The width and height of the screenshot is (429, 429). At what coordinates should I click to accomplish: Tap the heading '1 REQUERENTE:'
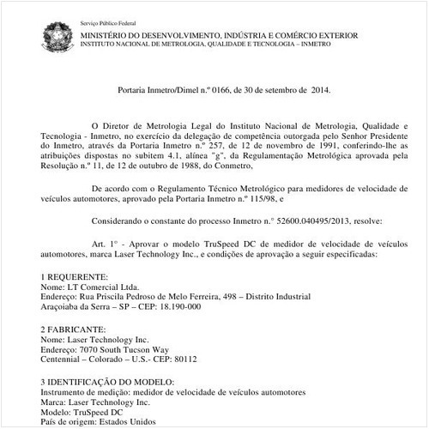pos(75,277)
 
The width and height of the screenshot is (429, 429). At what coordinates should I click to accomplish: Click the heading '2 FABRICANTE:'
pos(75,329)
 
